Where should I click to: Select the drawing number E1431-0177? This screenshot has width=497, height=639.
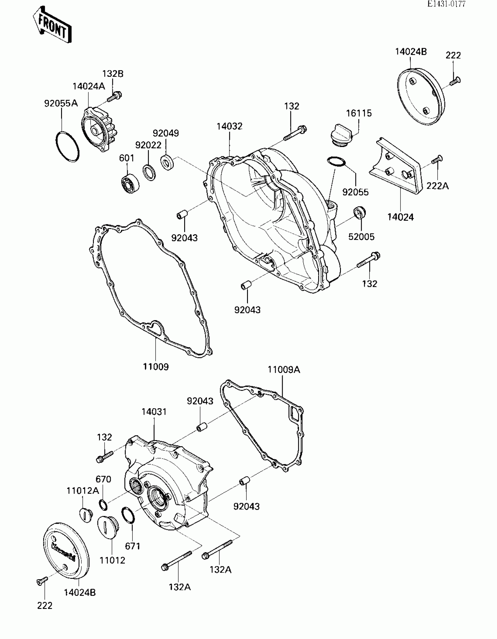(446, 4)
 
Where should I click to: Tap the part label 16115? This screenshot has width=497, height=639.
(359, 113)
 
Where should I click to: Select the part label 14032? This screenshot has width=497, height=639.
(229, 126)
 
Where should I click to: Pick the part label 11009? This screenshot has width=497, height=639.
(156, 366)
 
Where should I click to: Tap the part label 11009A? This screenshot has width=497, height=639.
(284, 370)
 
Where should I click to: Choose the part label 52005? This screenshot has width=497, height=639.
(361, 236)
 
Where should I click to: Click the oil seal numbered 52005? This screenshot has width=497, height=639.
(360, 212)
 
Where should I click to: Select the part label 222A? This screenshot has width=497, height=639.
(437, 186)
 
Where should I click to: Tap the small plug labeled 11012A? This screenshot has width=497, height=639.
(86, 514)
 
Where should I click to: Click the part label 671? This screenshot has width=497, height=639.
(132, 546)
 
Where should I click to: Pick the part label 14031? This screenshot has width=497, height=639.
(154, 412)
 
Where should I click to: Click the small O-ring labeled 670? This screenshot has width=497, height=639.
(103, 505)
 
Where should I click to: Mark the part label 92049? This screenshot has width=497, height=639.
(166, 133)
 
